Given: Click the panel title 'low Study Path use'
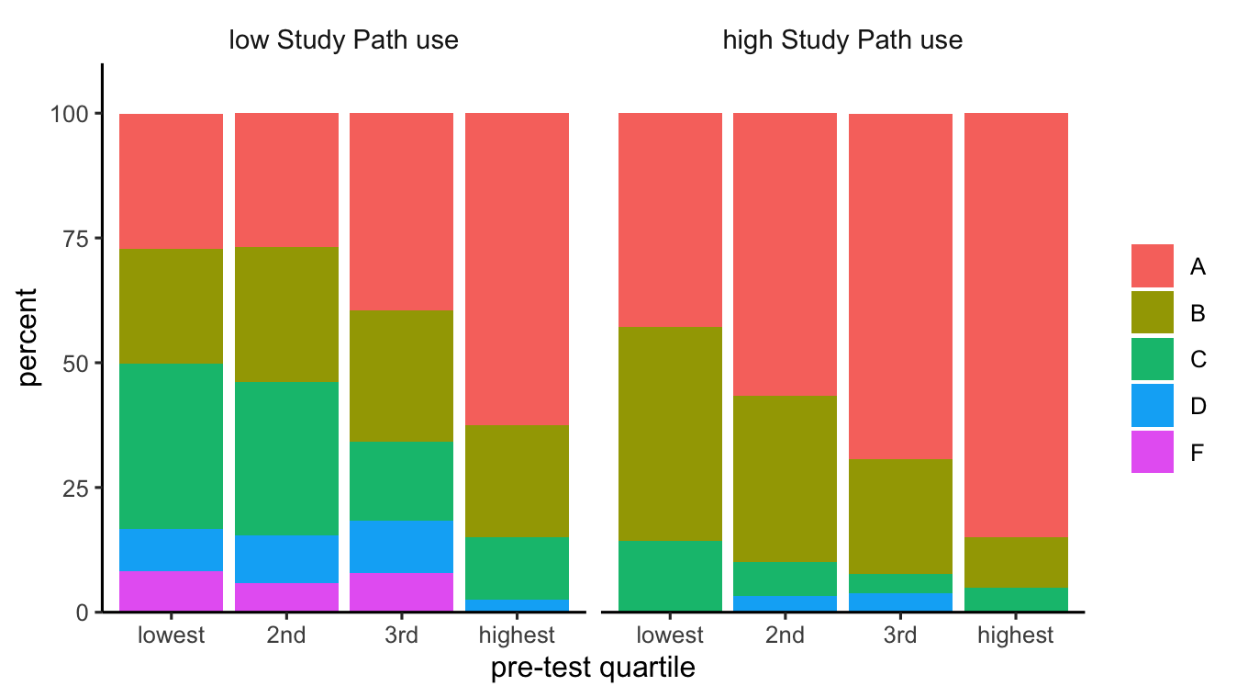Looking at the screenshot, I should tap(343, 40).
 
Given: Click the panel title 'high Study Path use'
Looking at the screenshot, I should tap(842, 40).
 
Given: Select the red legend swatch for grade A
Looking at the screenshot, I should tap(1152, 266).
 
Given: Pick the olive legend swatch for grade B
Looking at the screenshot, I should tap(1152, 313).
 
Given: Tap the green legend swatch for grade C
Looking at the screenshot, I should tap(1152, 359).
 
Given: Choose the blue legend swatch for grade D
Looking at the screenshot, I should tap(1152, 406).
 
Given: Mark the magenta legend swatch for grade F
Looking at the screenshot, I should tap(1152, 453).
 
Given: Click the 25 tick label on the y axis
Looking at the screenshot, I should tap(75, 488).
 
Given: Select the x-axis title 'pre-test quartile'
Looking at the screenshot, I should tap(593, 669).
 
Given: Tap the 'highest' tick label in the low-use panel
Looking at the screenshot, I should tap(517, 635).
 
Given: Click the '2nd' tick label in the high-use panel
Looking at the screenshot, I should tap(785, 635).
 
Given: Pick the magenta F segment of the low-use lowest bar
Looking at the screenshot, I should tap(171, 590).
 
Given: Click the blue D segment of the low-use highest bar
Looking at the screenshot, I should tap(517, 605).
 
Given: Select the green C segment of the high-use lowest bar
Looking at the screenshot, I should tap(670, 576).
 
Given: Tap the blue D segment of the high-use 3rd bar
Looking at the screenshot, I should tap(900, 601).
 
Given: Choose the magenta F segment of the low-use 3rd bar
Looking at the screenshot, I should tap(401, 591).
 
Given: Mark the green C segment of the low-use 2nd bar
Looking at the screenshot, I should tap(286, 458).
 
